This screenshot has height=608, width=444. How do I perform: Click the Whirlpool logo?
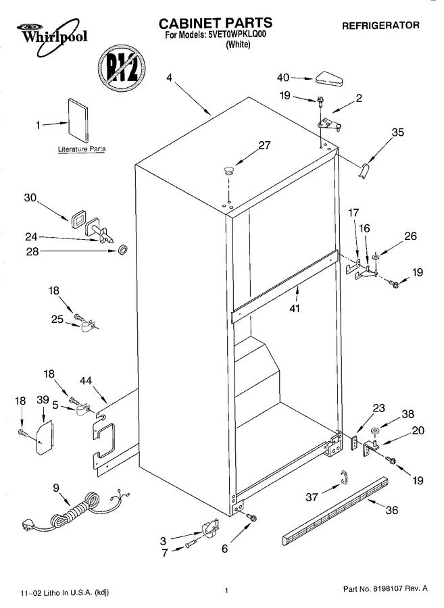(x=52, y=35)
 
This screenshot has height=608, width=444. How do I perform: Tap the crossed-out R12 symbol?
(x=122, y=69)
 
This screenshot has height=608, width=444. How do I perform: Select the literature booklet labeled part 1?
(x=78, y=121)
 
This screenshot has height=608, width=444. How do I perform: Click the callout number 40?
(x=283, y=78)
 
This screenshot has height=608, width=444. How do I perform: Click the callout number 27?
(x=264, y=145)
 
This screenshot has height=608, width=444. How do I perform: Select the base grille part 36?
(x=336, y=511)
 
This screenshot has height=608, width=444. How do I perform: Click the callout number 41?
(x=295, y=308)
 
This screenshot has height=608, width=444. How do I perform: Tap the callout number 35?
(x=397, y=132)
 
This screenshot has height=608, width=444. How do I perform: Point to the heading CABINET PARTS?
(x=215, y=23)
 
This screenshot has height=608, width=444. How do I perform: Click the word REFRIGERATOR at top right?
(x=380, y=26)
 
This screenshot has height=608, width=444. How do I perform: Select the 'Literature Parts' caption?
(x=81, y=149)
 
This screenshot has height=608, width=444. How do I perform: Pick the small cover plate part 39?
(x=45, y=436)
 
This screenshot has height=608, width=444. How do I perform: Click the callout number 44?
(x=86, y=381)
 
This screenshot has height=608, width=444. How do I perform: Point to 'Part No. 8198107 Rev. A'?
(x=385, y=588)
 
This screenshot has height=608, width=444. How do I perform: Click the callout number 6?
(x=224, y=549)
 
